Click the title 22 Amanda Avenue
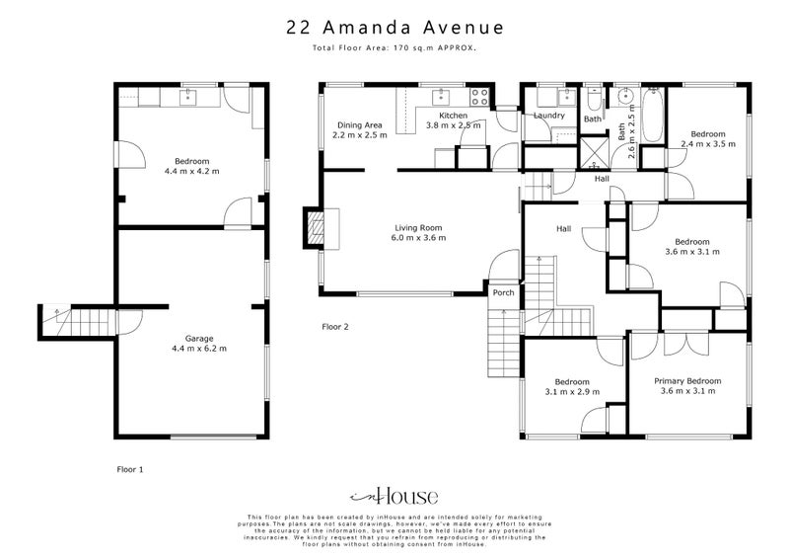coord(394,28)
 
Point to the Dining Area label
coord(359,125)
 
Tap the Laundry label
coord(547,116)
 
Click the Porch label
coord(503,292)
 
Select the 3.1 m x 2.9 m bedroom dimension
coord(571,392)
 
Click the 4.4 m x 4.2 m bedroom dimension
coord(192,171)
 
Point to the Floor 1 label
coord(129,470)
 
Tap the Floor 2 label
coord(335,326)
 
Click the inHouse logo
coord(394,496)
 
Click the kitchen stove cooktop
coord(480,97)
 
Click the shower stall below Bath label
coord(592,152)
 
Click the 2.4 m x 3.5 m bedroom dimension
coord(707,144)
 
